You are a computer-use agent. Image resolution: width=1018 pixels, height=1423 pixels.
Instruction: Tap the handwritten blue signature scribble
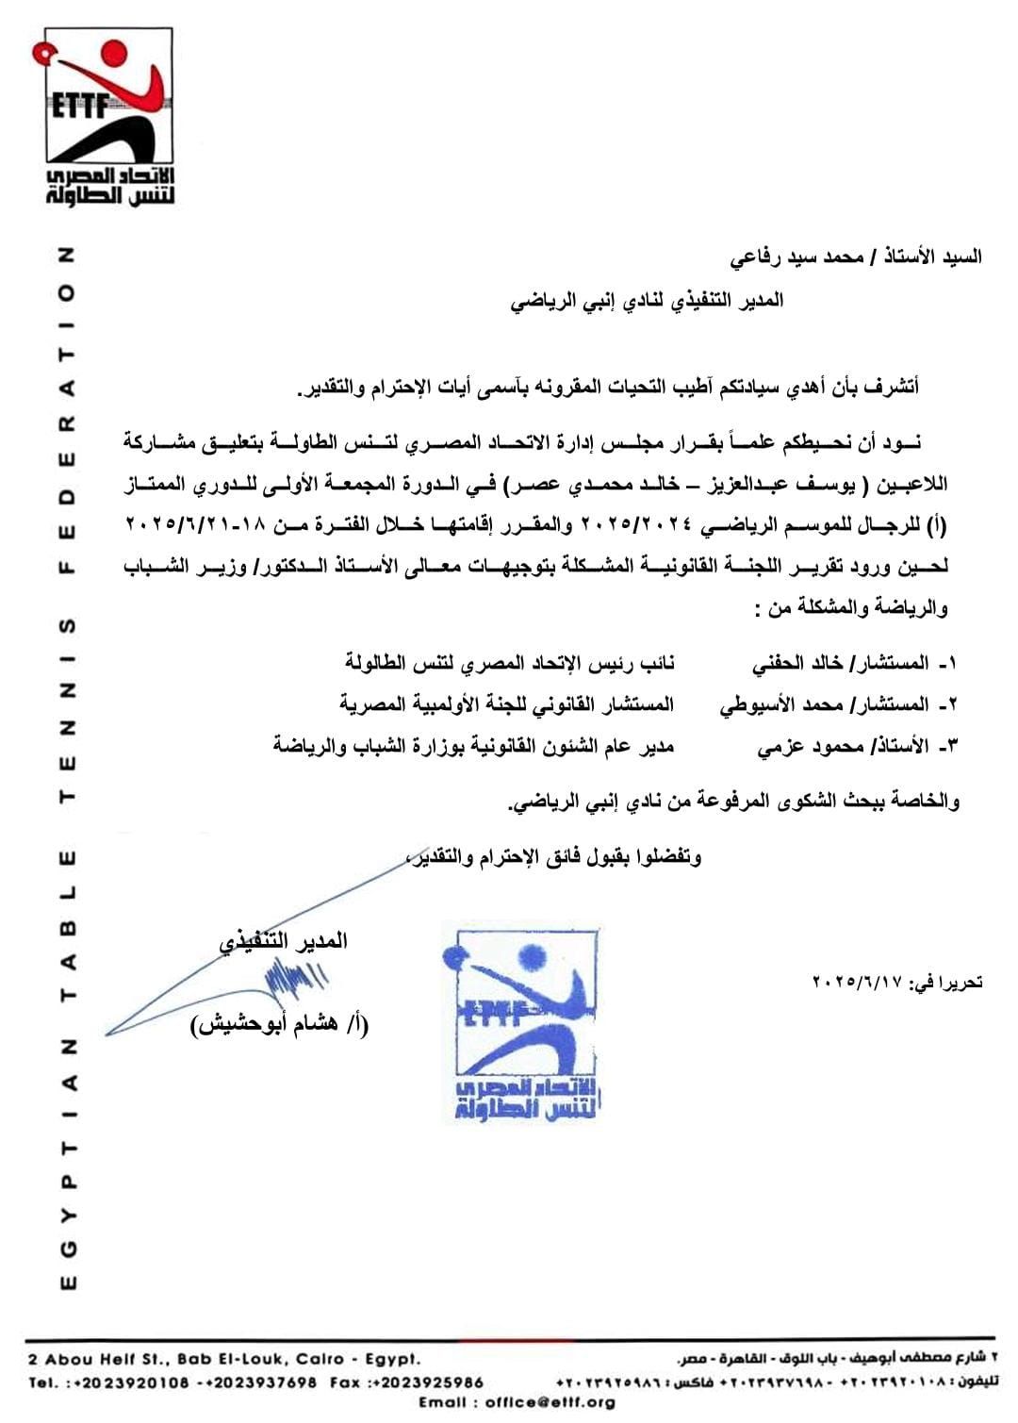click(292, 981)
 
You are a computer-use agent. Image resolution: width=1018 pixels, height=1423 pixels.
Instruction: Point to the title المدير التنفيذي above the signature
click(283, 941)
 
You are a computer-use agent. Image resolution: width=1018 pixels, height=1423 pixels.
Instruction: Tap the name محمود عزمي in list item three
click(797, 746)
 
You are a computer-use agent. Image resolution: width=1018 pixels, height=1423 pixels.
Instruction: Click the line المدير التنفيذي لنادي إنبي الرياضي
click(648, 302)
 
